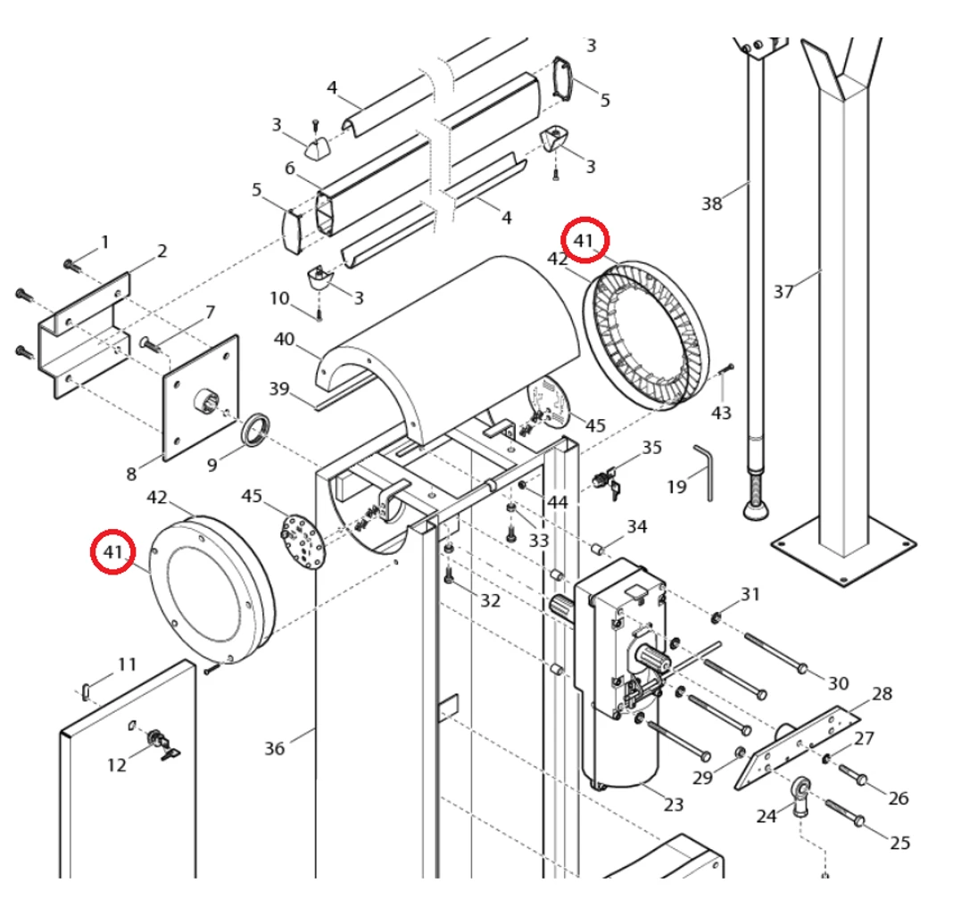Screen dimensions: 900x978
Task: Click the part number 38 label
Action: pos(711,203)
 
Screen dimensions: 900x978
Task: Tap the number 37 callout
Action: pos(783,291)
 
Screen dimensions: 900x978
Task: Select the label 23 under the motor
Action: pos(674,804)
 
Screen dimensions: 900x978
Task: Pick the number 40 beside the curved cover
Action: pos(284,339)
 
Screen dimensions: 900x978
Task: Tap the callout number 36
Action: pos(274,747)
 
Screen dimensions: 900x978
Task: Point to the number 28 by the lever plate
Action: pos(882,693)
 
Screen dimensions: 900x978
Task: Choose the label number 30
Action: pos(838,683)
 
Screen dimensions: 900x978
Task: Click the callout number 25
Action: pos(899,841)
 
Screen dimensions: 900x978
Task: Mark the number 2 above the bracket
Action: pos(162,252)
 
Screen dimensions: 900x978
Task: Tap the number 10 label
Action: pos(280,297)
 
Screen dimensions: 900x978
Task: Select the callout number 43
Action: pos(721,413)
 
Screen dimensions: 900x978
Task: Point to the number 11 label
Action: pos(128,664)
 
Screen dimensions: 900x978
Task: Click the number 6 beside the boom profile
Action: pos(290,168)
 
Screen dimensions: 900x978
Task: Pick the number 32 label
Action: pos(491,600)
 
